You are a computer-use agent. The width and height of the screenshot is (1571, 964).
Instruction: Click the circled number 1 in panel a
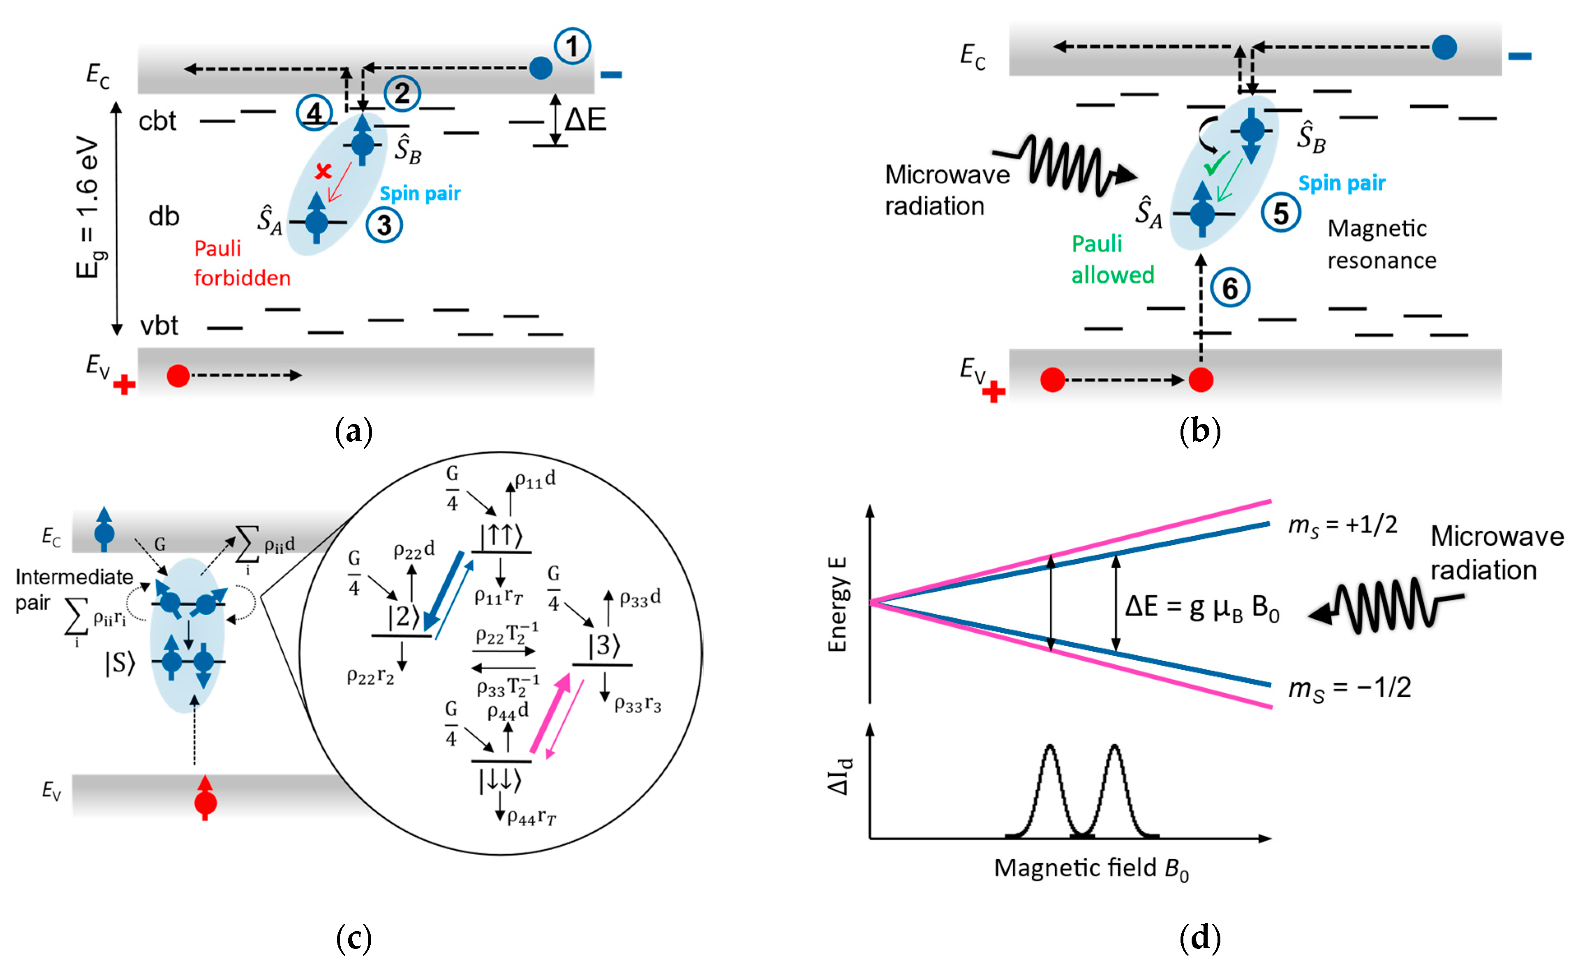[572, 46]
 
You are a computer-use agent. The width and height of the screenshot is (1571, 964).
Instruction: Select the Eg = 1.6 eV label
[89, 207]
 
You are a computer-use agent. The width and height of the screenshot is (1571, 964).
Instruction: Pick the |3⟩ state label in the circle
[603, 645]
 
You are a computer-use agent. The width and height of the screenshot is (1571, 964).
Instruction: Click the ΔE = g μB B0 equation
[1202, 607]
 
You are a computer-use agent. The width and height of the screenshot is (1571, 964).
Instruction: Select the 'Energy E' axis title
[836, 604]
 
